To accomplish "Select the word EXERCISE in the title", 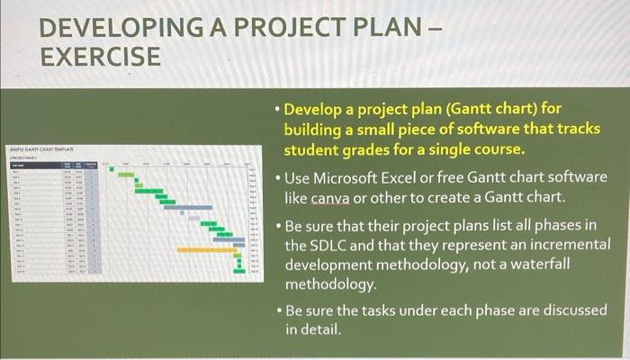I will (100, 58).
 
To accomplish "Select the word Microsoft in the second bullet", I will (355, 176).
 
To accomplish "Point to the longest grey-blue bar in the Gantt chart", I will (186, 208).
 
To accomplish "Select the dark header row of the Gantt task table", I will (54, 166).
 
